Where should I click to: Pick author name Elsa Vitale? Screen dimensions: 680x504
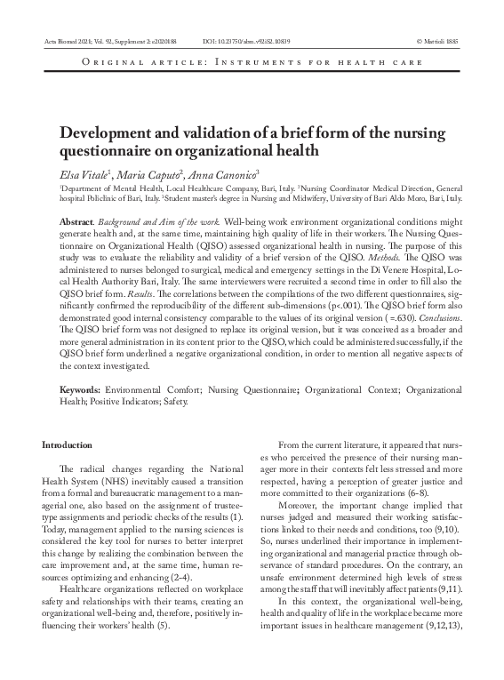click(x=83, y=172)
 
